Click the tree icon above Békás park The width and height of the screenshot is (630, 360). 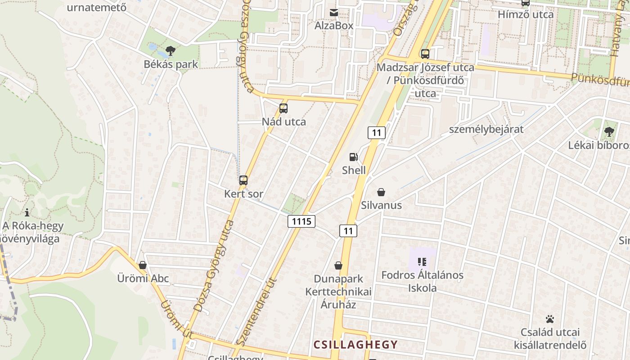tap(170, 50)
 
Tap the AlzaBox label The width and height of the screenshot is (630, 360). tap(334, 26)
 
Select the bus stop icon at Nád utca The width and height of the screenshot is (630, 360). tap(283, 108)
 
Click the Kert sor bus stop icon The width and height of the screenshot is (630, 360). tap(243, 180)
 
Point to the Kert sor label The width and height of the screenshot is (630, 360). tap(243, 194)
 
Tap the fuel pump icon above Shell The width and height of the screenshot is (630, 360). tap(354, 157)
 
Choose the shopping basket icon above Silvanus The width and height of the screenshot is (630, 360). tap(381, 192)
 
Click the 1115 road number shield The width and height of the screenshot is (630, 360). tap(301, 221)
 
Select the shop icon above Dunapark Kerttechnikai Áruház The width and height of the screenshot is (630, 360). tap(338, 265)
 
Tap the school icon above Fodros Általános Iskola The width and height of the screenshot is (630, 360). tap(422, 261)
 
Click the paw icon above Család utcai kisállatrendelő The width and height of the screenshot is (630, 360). tap(550, 319)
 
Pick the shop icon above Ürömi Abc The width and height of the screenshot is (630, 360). tap(143, 265)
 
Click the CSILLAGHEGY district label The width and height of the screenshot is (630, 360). tap(355, 345)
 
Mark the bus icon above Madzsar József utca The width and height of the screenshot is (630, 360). tap(425, 54)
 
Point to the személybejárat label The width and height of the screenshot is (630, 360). tap(486, 130)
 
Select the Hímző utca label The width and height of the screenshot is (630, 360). tap(526, 14)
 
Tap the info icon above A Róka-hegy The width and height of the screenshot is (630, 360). tap(27, 212)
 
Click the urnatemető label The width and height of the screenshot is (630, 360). tap(96, 7)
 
